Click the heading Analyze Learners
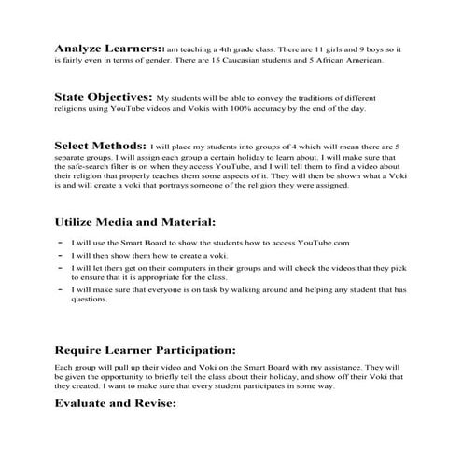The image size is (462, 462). (x=106, y=47)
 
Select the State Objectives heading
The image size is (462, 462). (x=103, y=96)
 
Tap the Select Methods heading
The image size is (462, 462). (x=100, y=146)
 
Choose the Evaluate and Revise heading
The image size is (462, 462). (x=116, y=405)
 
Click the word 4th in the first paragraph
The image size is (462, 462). (x=232, y=48)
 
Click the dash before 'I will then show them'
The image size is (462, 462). (x=60, y=255)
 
